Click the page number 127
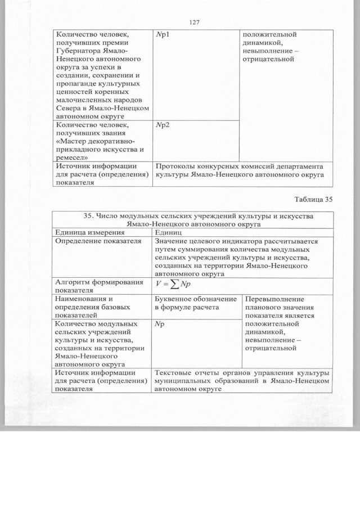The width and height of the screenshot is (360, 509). click(x=195, y=22)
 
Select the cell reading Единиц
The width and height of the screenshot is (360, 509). click(x=169, y=232)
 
